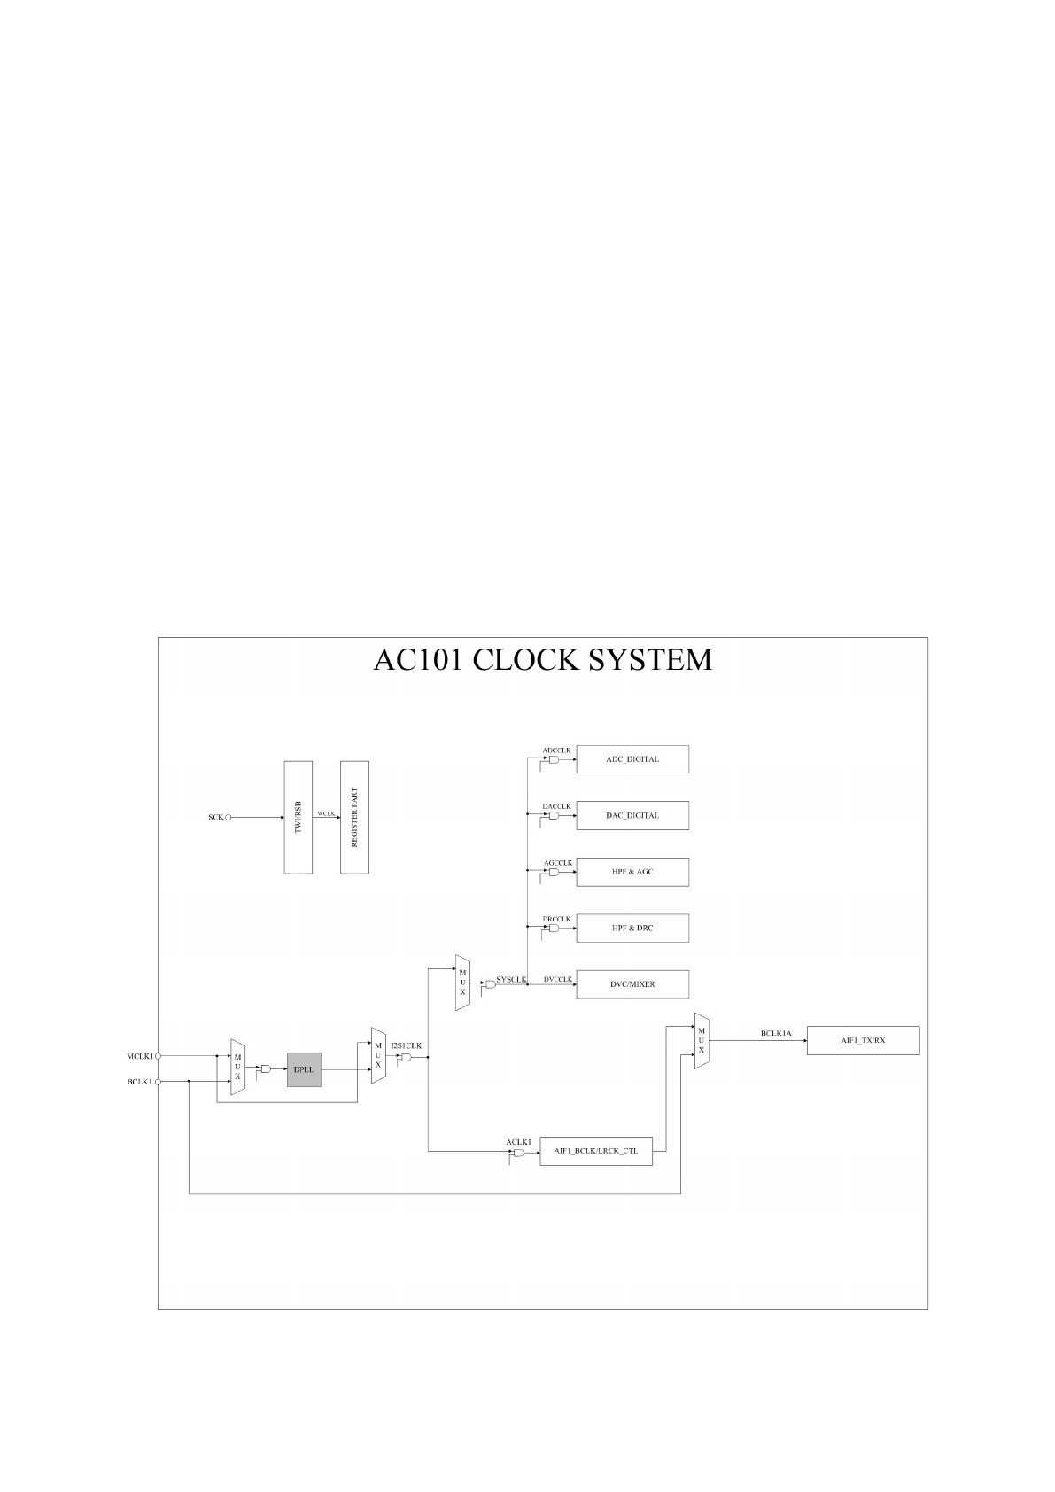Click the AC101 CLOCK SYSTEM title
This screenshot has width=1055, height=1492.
pos(543,660)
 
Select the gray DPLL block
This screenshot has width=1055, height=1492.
pos(304,1069)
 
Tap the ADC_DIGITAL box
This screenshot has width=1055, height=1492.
pos(632,759)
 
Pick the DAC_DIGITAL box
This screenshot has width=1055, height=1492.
pos(632,815)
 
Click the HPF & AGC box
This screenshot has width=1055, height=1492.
pos(632,872)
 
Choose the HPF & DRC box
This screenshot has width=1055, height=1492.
pos(632,928)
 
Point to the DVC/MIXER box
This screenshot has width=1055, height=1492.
pos(632,984)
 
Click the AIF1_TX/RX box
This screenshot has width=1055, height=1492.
pos(863,1040)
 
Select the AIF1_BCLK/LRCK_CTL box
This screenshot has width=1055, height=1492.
pos(595,1151)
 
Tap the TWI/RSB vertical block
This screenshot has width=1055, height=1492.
pos(299,817)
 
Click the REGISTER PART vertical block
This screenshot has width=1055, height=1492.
pos(354,817)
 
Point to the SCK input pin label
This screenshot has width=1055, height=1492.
pos(215,818)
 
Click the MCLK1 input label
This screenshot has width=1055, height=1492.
pos(140,1056)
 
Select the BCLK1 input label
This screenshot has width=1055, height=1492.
pos(140,1082)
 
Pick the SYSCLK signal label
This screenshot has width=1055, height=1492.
pos(511,980)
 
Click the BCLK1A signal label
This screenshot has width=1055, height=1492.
pos(776,1033)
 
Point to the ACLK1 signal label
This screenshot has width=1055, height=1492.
pos(518,1142)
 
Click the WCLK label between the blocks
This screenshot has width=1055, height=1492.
pos(326,813)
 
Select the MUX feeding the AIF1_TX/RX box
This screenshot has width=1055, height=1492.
pos(702,1040)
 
